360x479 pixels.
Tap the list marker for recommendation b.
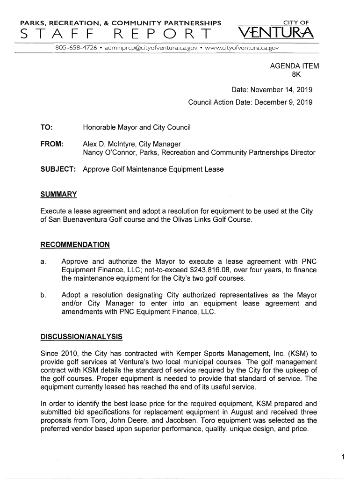tap(43, 295)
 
